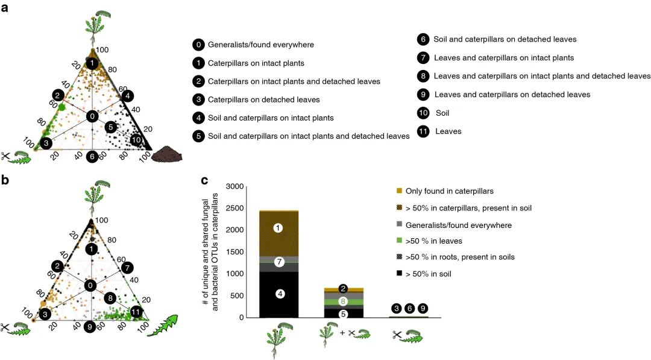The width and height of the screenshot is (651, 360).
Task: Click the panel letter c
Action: pyautogui.click(x=205, y=179)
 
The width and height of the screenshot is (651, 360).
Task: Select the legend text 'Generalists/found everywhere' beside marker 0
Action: pyautogui.click(x=260, y=45)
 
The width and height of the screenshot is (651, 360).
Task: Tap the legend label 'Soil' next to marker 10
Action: pyautogui.click(x=443, y=113)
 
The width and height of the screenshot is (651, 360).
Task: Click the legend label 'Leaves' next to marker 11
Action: pyautogui.click(x=448, y=131)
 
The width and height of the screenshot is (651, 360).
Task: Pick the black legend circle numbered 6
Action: pyautogui.click(x=423, y=39)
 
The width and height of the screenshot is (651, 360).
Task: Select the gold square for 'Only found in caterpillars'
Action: pyautogui.click(x=398, y=191)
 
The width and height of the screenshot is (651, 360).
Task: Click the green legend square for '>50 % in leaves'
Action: pyautogui.click(x=398, y=241)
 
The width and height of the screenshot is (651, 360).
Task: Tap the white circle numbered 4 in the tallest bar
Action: pyautogui.click(x=279, y=294)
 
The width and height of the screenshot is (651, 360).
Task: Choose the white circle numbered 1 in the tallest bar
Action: pyautogui.click(x=278, y=228)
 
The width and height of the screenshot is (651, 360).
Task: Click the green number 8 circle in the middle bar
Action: pyautogui.click(x=343, y=302)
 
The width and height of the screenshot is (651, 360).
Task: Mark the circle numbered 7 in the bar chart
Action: pyautogui.click(x=279, y=262)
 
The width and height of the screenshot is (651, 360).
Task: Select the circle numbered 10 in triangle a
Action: pyautogui.click(x=137, y=141)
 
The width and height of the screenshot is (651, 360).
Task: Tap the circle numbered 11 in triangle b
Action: pyautogui.click(x=136, y=312)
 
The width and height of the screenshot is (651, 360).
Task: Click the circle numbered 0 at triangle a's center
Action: pyautogui.click(x=92, y=116)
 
